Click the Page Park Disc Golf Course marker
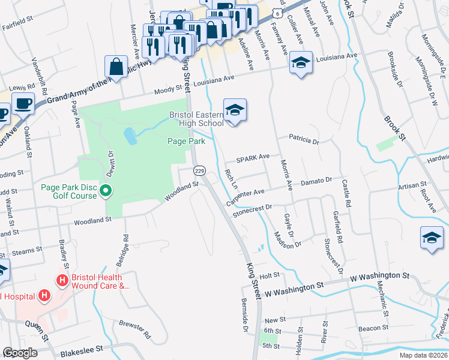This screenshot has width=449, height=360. tap(106, 192)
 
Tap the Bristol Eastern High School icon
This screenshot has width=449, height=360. tap(235, 110)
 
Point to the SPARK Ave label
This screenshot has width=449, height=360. tap(253, 158)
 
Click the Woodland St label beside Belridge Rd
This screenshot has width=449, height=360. tap(93, 222)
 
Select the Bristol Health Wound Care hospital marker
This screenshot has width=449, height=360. tap(61, 280)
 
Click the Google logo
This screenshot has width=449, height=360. tap(20, 353)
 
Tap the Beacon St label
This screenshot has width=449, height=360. tap(373, 328)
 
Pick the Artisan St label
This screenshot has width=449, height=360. tap(412, 185)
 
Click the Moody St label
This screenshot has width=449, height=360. tap(163, 91)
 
